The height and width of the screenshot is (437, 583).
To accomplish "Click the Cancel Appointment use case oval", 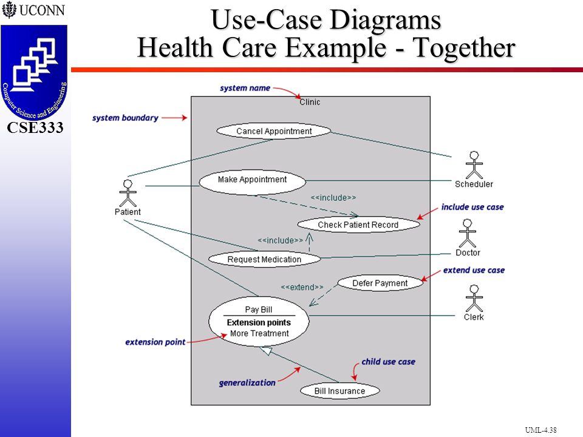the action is (274, 131).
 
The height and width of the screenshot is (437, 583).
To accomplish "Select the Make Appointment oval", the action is (253, 182).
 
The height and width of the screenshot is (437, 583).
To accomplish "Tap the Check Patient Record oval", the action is (358, 225).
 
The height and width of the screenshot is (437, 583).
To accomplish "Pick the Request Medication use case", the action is (264, 259).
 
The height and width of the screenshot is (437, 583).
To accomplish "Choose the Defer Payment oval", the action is (380, 283).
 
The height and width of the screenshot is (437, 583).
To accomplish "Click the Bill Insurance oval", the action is (340, 391).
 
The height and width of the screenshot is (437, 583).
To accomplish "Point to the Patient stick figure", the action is (128, 193).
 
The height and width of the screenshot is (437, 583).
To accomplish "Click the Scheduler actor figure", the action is (474, 165).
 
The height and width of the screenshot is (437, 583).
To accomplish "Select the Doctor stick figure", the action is (468, 233).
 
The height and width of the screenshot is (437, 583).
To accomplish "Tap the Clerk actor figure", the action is (474, 299).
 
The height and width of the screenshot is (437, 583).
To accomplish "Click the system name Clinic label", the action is (310, 102).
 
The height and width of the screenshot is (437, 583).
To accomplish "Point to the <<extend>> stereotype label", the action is (302, 287).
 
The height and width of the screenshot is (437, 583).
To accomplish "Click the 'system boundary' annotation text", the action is (125, 118).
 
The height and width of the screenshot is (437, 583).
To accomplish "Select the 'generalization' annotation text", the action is (247, 383).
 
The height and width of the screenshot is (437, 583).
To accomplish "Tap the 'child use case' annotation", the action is (389, 362).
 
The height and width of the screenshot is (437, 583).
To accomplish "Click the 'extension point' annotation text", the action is (155, 342).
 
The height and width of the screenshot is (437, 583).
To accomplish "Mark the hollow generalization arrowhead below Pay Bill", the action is (266, 350).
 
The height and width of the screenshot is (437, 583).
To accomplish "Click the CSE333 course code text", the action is (35, 127).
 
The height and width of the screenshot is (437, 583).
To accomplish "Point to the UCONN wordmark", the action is (33, 10).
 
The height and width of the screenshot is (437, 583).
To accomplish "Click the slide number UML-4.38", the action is (540, 430).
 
